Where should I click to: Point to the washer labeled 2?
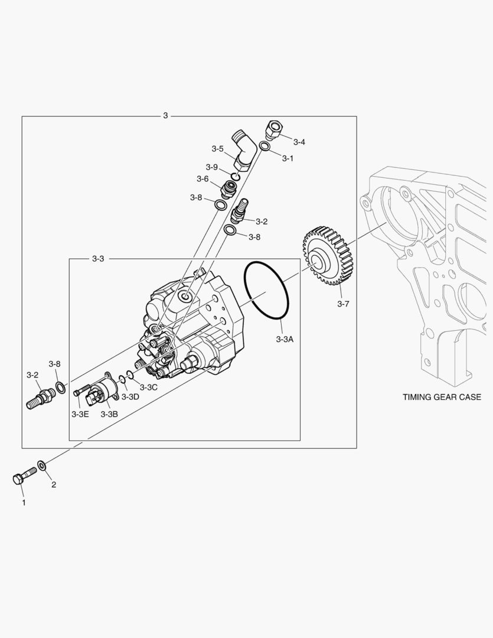click(x=43, y=466)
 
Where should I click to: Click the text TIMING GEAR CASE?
click(x=442, y=397)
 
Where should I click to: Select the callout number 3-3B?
click(x=109, y=414)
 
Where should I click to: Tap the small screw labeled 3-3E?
click(x=81, y=391)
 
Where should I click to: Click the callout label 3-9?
click(x=212, y=167)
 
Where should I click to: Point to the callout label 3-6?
click(x=203, y=179)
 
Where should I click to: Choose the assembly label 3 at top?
click(x=165, y=116)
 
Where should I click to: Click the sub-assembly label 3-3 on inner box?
click(x=98, y=259)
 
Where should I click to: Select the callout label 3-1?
click(x=288, y=158)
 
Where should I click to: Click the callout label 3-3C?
click(x=148, y=387)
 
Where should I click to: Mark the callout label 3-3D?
click(x=130, y=396)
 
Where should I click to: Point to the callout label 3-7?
click(x=343, y=304)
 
